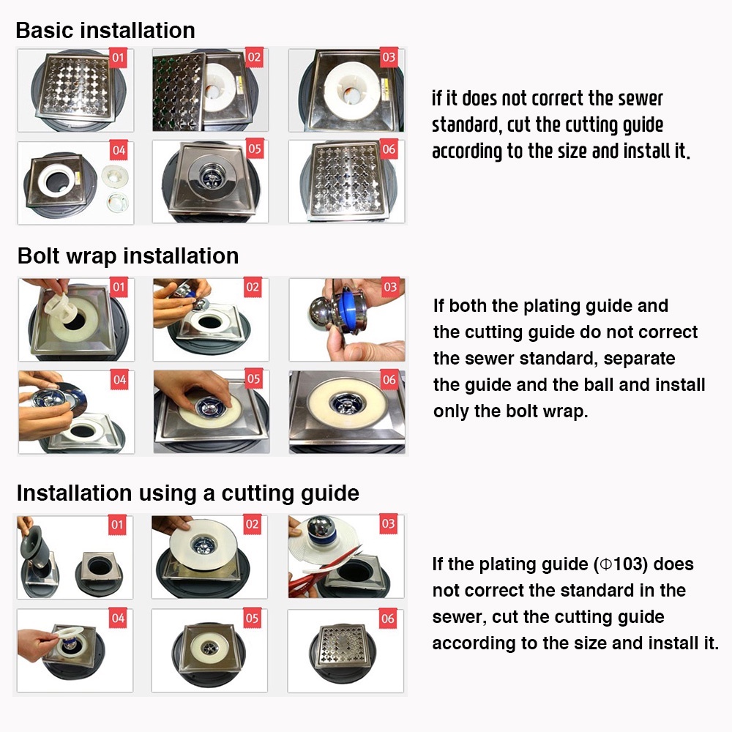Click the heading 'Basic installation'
[105, 30]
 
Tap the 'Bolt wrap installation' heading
[128, 256]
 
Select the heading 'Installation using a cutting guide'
[187, 493]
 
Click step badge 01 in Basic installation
[118, 57]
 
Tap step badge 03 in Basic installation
[389, 57]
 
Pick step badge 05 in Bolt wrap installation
[253, 378]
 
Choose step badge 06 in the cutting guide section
[387, 619]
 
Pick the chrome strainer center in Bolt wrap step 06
[346, 401]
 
